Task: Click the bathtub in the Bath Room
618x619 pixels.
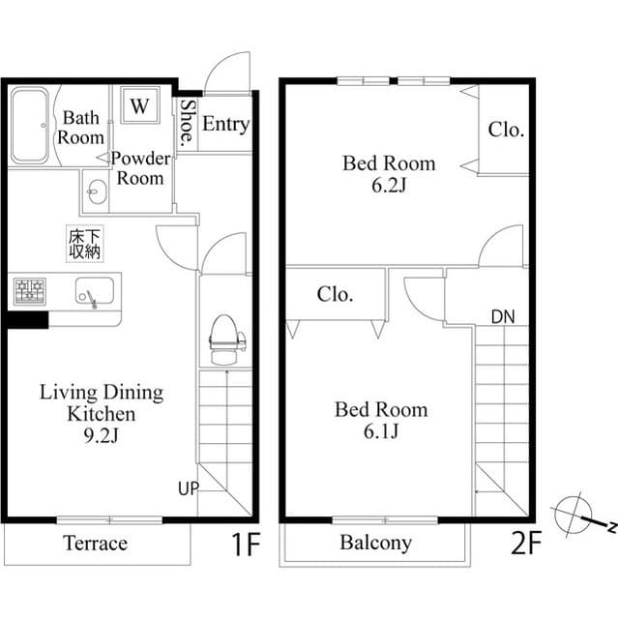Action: click(x=30, y=126)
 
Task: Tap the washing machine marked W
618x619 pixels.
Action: click(x=139, y=104)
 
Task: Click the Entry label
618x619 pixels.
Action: click(x=225, y=125)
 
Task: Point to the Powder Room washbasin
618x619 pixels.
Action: click(x=95, y=192)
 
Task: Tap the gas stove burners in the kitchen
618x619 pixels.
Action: click(x=29, y=290)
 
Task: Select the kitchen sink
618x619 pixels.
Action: click(x=94, y=291)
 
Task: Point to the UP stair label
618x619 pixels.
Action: click(x=187, y=488)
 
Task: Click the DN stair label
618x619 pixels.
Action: click(x=503, y=317)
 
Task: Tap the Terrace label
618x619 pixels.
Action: click(x=95, y=544)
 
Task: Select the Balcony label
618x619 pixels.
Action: click(x=375, y=543)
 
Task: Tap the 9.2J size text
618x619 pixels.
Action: click(x=101, y=436)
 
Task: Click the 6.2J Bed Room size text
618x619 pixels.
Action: click(x=389, y=186)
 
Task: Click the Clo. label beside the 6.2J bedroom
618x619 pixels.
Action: click(x=505, y=130)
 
